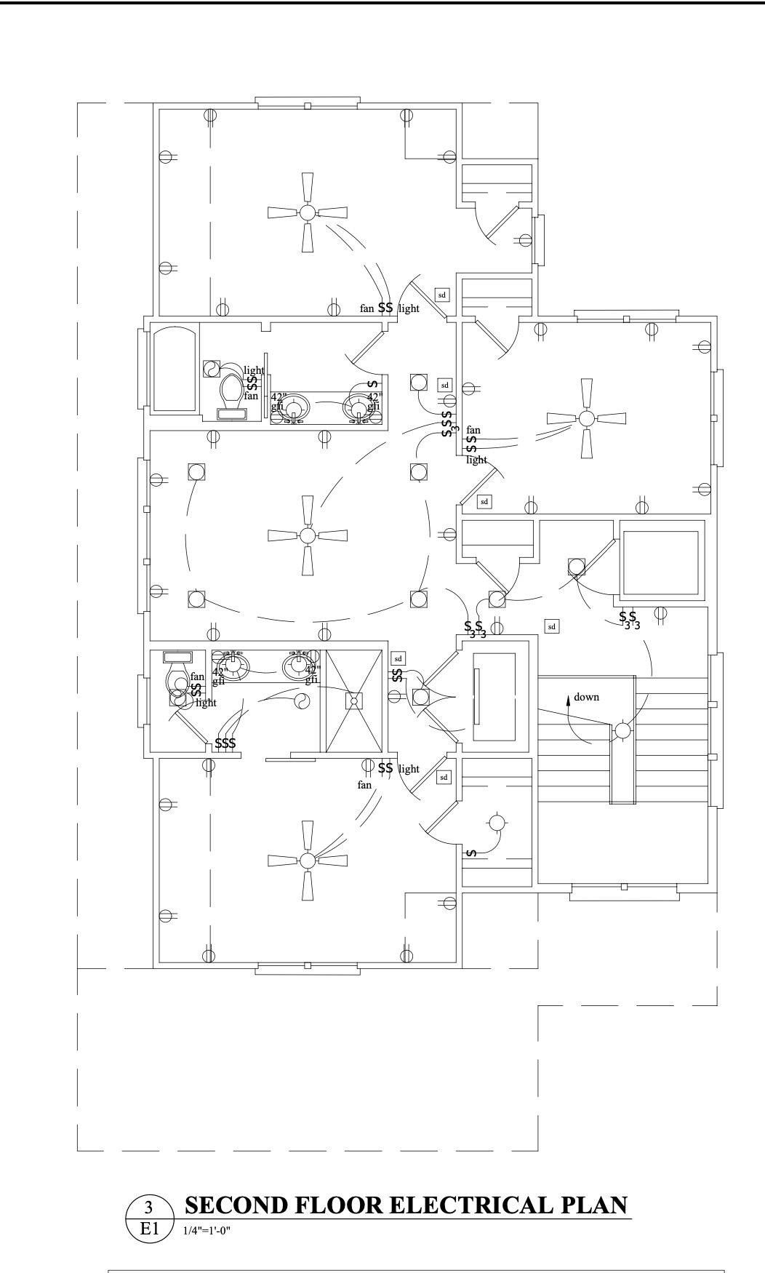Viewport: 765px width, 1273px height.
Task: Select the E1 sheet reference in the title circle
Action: [149, 1229]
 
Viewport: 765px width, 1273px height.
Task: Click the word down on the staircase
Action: [586, 697]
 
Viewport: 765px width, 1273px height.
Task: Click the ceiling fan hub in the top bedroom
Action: [308, 212]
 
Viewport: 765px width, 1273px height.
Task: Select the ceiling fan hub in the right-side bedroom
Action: [586, 418]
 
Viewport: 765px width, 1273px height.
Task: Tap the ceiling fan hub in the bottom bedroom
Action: [308, 861]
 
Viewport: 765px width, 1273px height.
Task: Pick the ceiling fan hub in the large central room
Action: [308, 535]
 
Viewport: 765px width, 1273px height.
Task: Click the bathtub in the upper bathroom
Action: [175, 368]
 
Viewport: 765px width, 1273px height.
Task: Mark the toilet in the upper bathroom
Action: [232, 391]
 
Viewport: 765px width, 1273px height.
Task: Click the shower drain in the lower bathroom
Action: [353, 701]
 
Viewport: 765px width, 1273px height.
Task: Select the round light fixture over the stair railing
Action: [623, 730]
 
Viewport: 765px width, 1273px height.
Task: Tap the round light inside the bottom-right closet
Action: [497, 823]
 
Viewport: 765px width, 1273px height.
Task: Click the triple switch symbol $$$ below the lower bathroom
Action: [225, 743]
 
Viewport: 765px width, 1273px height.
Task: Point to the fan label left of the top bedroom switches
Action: [367, 308]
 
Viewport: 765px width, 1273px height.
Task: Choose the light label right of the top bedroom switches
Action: [409, 308]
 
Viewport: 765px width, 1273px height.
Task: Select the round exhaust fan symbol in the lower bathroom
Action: [299, 701]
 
